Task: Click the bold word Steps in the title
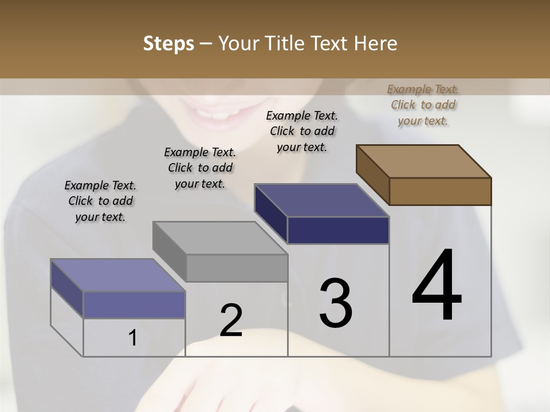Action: (x=168, y=43)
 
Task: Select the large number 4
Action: (x=437, y=286)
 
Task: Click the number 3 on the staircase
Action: (x=336, y=304)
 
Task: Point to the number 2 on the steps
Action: (x=231, y=320)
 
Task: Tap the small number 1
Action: (x=133, y=338)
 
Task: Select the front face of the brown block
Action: (x=440, y=191)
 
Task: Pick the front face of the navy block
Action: (x=338, y=230)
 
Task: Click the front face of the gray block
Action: (x=237, y=268)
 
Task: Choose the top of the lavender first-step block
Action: (x=118, y=275)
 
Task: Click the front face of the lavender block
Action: (x=134, y=304)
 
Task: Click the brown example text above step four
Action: (x=423, y=105)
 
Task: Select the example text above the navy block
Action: (x=302, y=131)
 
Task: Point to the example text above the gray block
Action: (x=199, y=168)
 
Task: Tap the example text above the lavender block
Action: (x=100, y=201)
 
